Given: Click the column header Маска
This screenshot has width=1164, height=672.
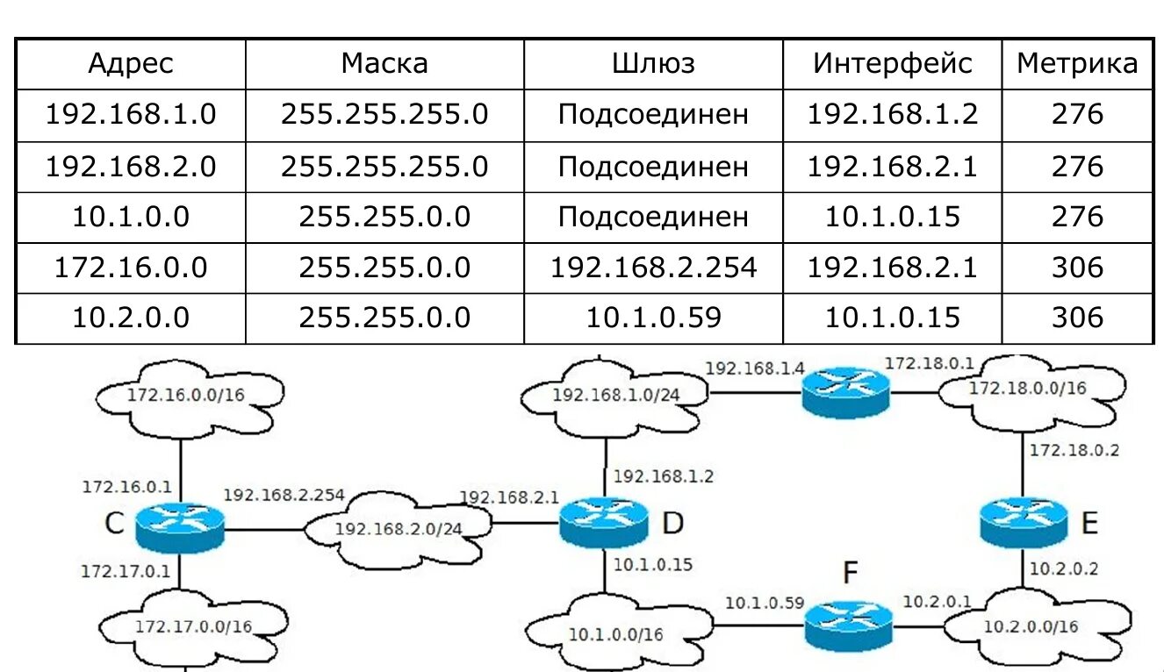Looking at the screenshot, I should click(x=384, y=63).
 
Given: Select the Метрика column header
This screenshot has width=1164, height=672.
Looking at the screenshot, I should click(x=1077, y=63).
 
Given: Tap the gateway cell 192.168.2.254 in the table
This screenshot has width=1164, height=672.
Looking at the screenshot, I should click(x=653, y=268).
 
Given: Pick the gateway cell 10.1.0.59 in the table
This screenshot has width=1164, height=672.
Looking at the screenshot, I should click(x=653, y=318).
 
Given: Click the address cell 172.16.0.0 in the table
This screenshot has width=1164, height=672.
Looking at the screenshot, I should click(x=131, y=268).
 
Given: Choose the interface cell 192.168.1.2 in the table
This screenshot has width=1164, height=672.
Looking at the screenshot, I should click(x=892, y=115).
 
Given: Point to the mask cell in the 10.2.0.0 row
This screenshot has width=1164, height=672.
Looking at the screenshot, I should click(x=384, y=318).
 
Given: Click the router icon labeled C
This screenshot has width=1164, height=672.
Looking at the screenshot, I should click(x=180, y=527).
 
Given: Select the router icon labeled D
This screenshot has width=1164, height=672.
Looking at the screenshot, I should click(x=604, y=521).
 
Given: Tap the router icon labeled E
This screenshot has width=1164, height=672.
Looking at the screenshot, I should click(x=1023, y=521).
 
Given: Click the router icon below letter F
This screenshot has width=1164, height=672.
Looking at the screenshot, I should click(x=848, y=626).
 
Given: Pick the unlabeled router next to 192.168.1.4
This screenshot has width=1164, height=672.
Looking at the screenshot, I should click(x=845, y=391).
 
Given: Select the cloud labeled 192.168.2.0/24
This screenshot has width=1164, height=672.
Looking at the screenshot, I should click(x=398, y=529).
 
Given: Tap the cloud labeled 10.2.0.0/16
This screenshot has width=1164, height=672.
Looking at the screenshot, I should click(x=1031, y=626).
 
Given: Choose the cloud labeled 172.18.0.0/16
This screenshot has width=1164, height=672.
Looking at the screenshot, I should click(x=1026, y=389).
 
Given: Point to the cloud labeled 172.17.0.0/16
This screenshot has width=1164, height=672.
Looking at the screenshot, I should click(x=193, y=626).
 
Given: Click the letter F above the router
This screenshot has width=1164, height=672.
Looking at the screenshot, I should click(x=850, y=574).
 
